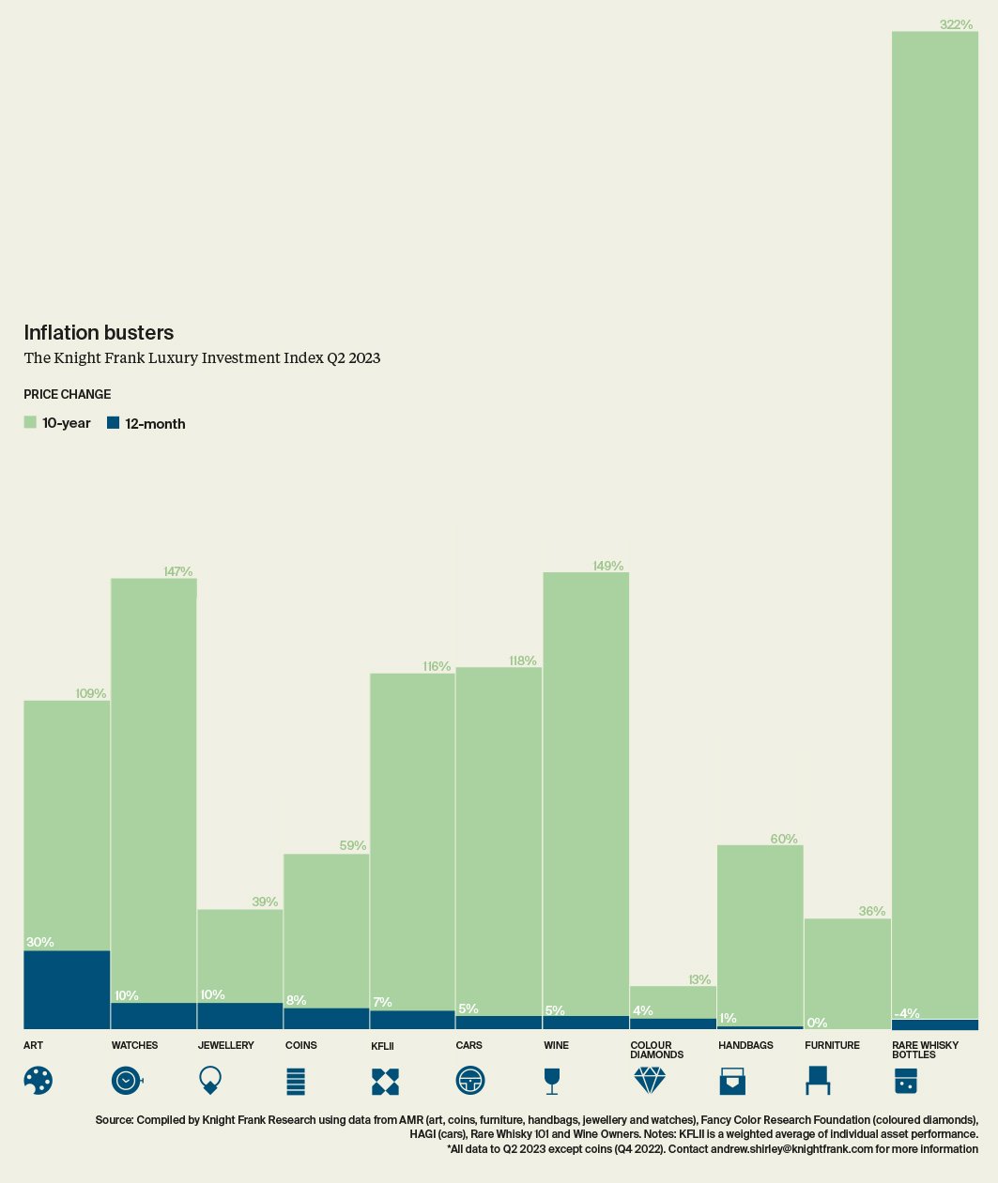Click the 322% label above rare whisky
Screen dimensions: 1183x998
(956, 24)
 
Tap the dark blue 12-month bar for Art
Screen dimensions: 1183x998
(67, 990)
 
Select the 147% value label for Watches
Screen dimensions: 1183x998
(177, 571)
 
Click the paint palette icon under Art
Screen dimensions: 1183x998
(38, 1081)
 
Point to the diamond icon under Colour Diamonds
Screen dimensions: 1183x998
(649, 1081)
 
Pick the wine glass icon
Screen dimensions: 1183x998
(552, 1081)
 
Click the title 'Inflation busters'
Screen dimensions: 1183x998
(99, 332)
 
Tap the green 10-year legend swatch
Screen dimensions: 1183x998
(30, 423)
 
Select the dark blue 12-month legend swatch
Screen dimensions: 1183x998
(113, 423)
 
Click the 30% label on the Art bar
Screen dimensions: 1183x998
(39, 942)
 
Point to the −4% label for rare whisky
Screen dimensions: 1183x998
(907, 1013)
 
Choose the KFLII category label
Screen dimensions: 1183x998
(382, 1045)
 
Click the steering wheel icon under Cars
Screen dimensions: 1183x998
(469, 1081)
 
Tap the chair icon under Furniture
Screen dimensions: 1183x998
(817, 1081)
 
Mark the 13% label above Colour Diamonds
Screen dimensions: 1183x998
(699, 979)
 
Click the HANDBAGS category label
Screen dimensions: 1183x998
(745, 1045)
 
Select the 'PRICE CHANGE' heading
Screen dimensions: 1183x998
(67, 394)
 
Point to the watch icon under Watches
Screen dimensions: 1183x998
(126, 1081)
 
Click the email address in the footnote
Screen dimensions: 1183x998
(791, 1148)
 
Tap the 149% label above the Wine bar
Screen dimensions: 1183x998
(607, 566)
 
